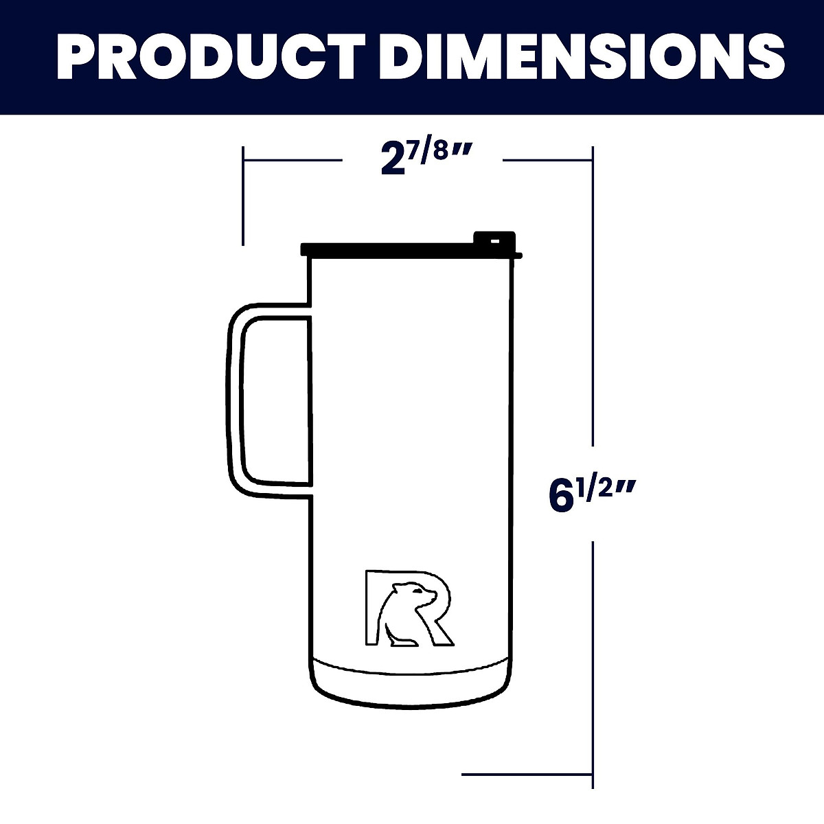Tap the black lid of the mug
pyautogui.click(x=412, y=249)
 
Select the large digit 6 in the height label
pyautogui.click(x=562, y=496)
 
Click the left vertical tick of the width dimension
pyautogui.click(x=243, y=195)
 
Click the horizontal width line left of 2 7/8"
pyautogui.click(x=293, y=160)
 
